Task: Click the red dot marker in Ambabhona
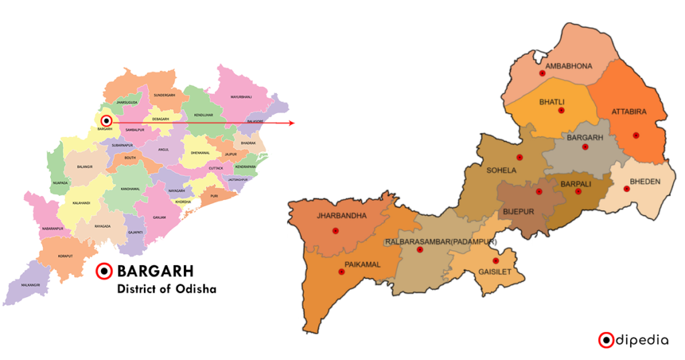tap(541, 74)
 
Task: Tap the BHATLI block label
tap(557, 102)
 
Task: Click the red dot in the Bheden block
tap(626, 189)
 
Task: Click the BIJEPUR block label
tap(518, 211)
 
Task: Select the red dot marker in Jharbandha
tap(335, 231)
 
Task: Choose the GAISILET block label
tap(496, 272)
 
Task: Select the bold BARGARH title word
tap(155, 272)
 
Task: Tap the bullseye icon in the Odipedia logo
tap(605, 340)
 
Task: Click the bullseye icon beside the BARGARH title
tap(104, 272)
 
